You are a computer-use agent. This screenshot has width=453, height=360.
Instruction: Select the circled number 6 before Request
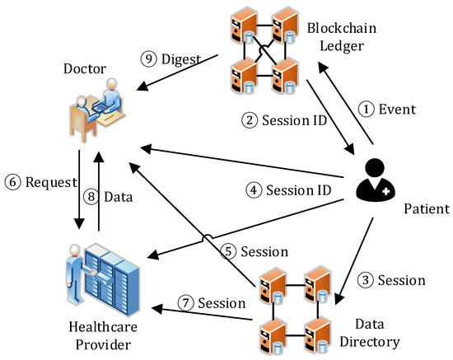(x=12, y=182)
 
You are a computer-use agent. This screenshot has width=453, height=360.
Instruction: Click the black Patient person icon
(x=374, y=179)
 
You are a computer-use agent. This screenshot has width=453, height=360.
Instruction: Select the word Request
(x=43, y=182)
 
